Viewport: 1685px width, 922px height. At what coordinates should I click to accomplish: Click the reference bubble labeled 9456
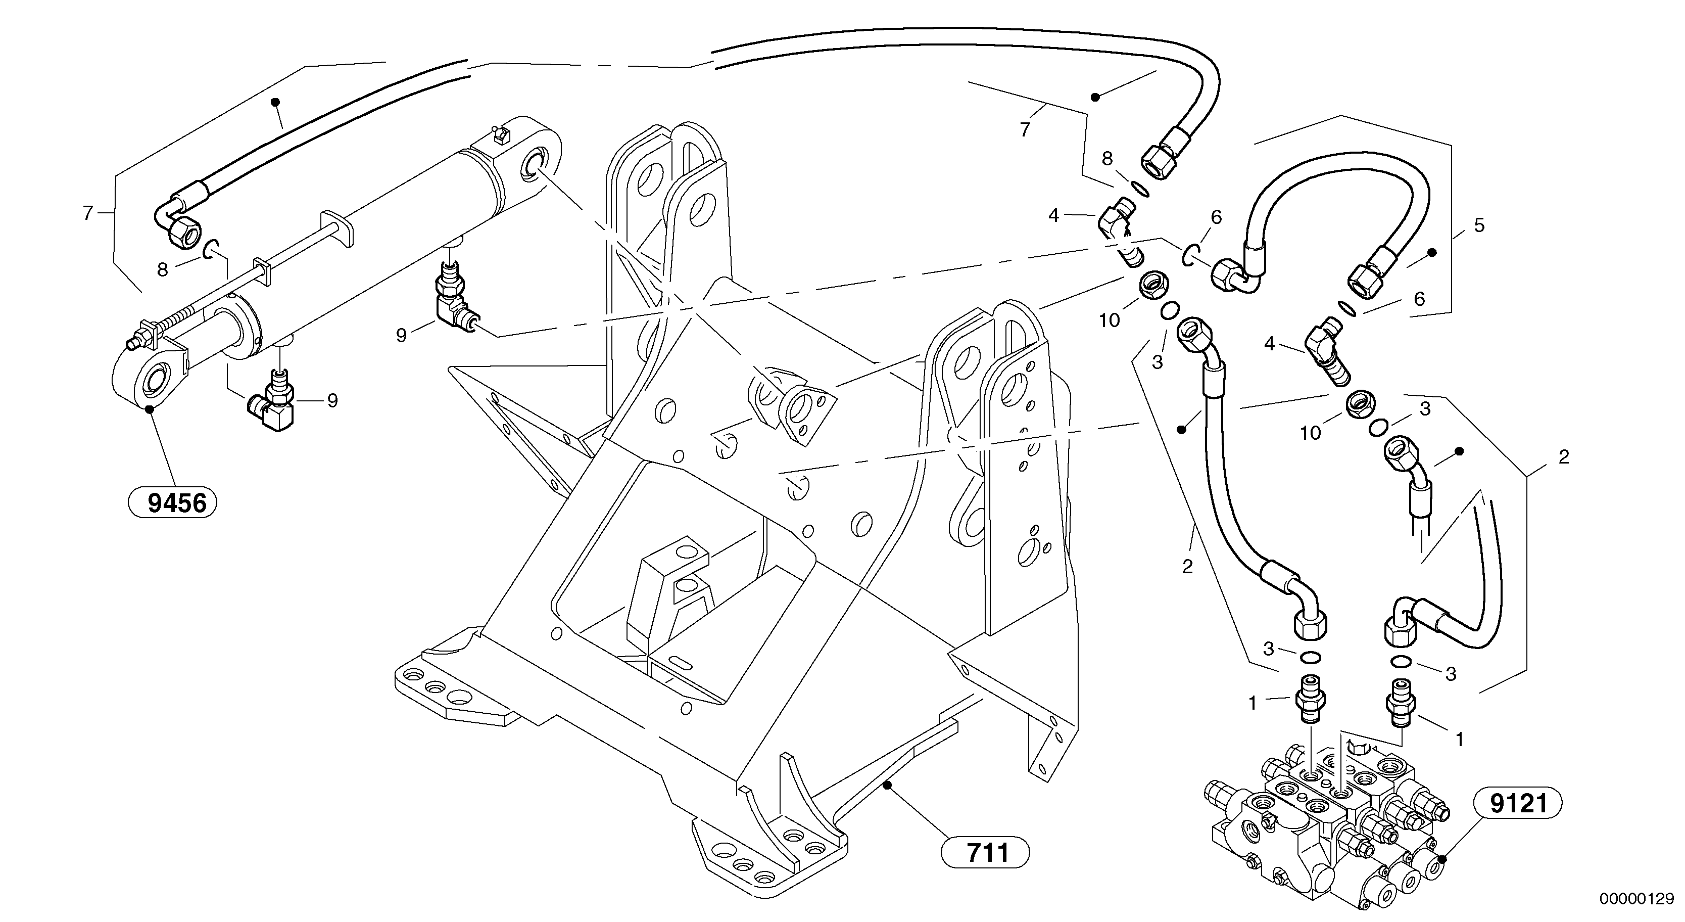[x=173, y=503]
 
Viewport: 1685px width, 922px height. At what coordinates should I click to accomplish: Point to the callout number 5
[x=1479, y=226]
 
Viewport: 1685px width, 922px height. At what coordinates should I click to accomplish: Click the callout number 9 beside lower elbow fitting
[x=332, y=400]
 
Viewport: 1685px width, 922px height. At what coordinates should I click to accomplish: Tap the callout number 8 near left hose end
[x=163, y=269]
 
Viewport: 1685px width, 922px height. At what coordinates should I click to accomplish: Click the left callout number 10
[x=1110, y=320]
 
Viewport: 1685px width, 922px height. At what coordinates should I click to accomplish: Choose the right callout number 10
[x=1310, y=433]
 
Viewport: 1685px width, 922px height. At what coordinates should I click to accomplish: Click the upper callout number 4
[x=1053, y=215]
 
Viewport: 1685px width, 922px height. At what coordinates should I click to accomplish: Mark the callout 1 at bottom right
[x=1459, y=739]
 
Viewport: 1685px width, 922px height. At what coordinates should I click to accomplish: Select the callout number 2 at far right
[x=1563, y=457]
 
